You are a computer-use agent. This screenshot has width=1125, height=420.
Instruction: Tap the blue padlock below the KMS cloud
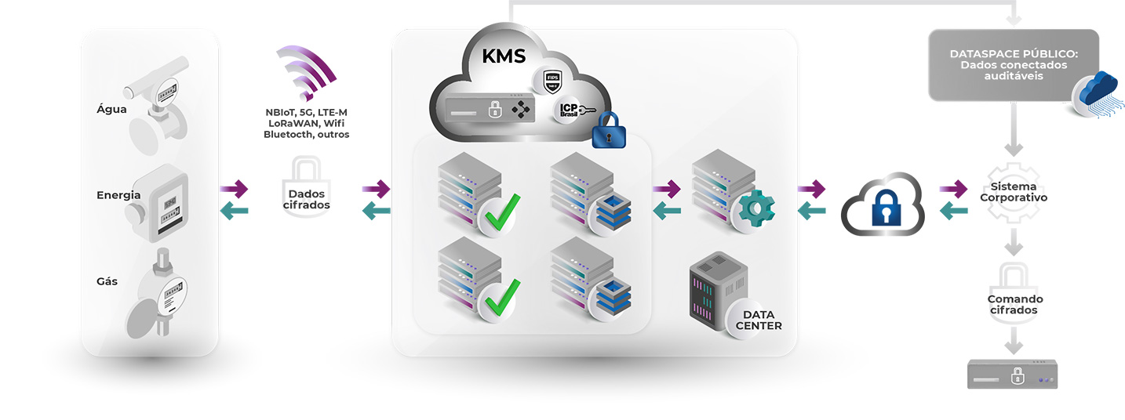pyautogui.click(x=608, y=131)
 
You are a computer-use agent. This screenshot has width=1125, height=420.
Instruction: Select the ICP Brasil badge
pyautogui.click(x=567, y=111)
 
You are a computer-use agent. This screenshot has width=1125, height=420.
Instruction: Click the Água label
pyautogui.click(x=111, y=110)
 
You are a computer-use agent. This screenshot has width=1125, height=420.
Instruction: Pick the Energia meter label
pyautogui.click(x=118, y=195)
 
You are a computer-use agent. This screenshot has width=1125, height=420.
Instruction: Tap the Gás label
pyautogui.click(x=107, y=281)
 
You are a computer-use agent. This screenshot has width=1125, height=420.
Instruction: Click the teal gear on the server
pyautogui.click(x=756, y=208)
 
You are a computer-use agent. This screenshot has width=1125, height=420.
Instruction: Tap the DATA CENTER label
pyautogui.click(x=757, y=320)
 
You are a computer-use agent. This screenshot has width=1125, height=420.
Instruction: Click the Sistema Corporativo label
pyautogui.click(x=1014, y=193)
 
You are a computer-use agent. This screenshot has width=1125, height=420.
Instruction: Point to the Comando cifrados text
pyautogui.click(x=1015, y=305)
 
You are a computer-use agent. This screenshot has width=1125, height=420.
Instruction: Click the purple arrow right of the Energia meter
pyautogui.click(x=234, y=188)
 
